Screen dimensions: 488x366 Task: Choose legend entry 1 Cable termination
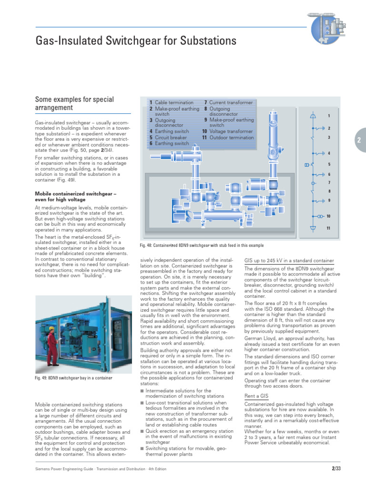(172, 102)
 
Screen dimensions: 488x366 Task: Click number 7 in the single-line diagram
(328, 183)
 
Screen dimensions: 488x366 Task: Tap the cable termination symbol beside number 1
(313, 116)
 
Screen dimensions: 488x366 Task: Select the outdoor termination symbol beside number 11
(313, 228)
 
